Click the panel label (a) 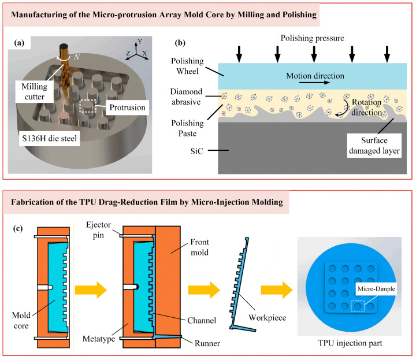19,43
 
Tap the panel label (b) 180,43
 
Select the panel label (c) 18,228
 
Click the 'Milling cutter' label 35,91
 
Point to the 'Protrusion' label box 127,107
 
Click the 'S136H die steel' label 49,139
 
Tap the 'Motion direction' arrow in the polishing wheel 315,83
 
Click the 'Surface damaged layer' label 374,146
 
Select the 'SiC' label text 196,151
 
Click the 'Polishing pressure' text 312,38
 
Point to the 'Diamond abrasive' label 186,97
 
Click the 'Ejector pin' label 98,230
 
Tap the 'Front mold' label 199,247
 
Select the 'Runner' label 207,343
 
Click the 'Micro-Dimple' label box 376,289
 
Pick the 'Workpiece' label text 267,318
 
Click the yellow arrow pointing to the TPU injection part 276,290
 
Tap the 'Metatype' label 99,339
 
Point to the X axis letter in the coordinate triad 144,53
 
